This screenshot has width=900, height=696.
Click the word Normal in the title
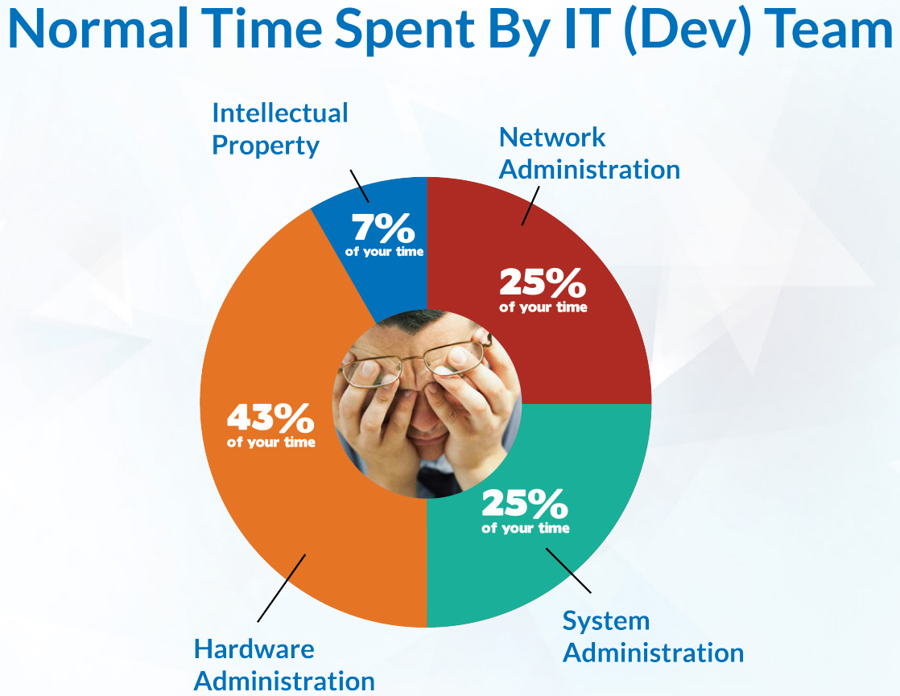point(98,29)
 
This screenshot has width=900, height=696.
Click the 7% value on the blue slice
point(383,228)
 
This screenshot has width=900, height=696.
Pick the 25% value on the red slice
point(543,282)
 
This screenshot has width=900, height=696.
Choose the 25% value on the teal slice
point(525,503)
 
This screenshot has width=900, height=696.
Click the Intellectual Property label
point(280,129)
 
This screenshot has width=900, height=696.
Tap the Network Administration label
point(589,153)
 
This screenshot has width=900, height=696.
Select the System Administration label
point(653,637)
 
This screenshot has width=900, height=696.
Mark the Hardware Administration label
point(284,665)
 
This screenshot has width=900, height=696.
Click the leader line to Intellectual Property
point(359,186)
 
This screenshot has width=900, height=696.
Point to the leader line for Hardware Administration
point(281,588)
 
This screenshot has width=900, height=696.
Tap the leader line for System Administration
point(568,570)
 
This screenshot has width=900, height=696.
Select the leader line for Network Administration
point(531,205)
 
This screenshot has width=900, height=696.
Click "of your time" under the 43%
point(271,443)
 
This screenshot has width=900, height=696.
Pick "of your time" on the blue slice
point(384,252)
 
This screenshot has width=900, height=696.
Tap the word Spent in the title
point(405,31)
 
